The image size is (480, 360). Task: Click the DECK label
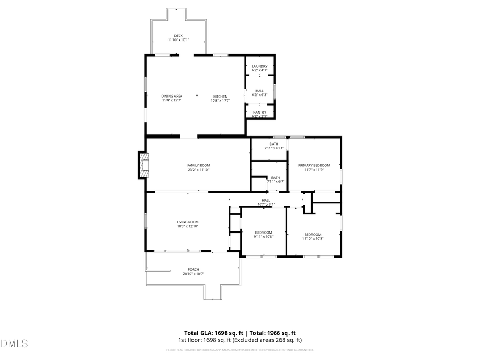coord(178,36)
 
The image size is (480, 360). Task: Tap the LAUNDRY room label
coord(259,66)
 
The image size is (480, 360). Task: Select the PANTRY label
coord(259,112)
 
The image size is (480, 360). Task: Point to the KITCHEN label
coord(220,96)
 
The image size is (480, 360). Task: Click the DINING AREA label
coord(172,96)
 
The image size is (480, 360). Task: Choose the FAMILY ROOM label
coord(198,165)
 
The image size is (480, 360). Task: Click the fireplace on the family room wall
coord(143,165)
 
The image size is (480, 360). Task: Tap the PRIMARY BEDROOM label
coord(314,165)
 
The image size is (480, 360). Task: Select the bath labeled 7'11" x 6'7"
coord(275,181)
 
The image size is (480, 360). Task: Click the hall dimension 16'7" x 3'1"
coord(266,204)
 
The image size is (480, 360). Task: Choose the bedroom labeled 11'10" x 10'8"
coord(313,236)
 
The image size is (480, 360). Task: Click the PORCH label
coord(193,269)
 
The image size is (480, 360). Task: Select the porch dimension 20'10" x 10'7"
coord(193,274)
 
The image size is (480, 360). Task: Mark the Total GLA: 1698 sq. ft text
coord(218,332)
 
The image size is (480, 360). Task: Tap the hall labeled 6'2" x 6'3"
coord(259,93)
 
